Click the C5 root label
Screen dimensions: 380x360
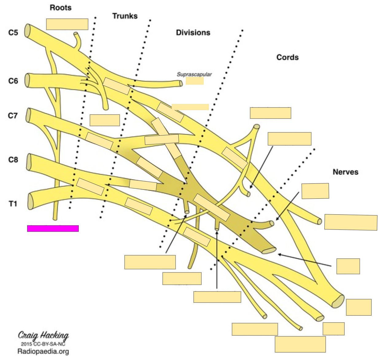(x=13, y=32)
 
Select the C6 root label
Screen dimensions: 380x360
(x=13, y=81)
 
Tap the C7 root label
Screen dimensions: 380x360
(x=13, y=115)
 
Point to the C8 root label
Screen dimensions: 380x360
(x=13, y=160)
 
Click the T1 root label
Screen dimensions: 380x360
(x=13, y=204)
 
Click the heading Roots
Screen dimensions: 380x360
(x=60, y=8)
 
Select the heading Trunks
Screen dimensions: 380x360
(x=125, y=16)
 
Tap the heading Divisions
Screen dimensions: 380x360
(x=193, y=33)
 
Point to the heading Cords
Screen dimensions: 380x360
(x=287, y=57)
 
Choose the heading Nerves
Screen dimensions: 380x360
(x=345, y=172)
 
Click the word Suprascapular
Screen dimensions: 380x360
(x=194, y=74)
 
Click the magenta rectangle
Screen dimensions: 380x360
(x=53, y=228)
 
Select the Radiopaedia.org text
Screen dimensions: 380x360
(x=43, y=351)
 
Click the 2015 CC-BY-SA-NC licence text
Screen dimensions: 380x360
(x=43, y=344)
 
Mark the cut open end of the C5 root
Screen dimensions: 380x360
(x=28, y=31)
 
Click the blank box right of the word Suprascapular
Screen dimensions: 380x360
(x=195, y=81)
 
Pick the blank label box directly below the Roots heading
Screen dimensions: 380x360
(x=67, y=24)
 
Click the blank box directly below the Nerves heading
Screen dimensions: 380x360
(x=315, y=191)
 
